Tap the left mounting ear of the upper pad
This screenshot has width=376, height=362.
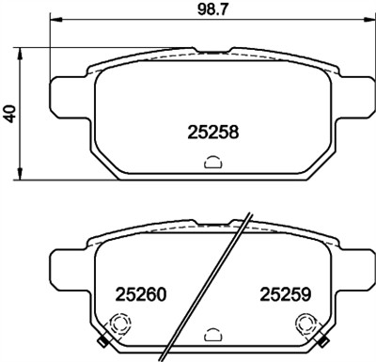65,92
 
